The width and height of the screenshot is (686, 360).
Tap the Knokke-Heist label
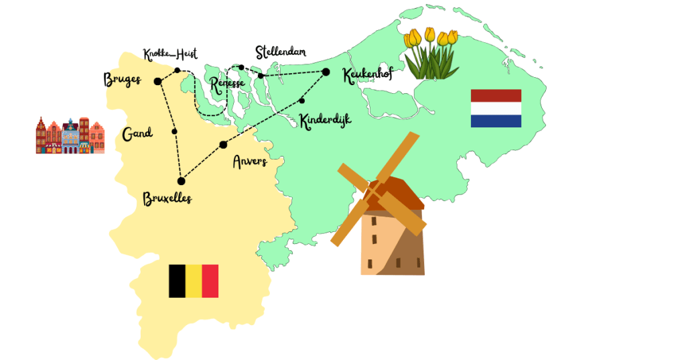pyautogui.click(x=170, y=54)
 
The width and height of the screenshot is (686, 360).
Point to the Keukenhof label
pyautogui.click(x=366, y=76)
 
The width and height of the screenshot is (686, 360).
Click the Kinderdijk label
pyautogui.click(x=325, y=121)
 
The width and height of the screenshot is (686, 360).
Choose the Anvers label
pyautogui.click(x=249, y=162)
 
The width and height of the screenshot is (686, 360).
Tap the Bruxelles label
pyautogui.click(x=167, y=198)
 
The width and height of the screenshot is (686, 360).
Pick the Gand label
pyautogui.click(x=137, y=134)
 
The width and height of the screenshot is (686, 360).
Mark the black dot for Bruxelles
pyautogui.click(x=181, y=181)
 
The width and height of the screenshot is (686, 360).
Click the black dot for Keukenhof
pyautogui.click(x=326, y=72)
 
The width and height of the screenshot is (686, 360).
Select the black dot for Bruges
pyautogui.click(x=157, y=82)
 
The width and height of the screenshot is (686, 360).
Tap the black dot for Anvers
pyautogui.click(x=223, y=145)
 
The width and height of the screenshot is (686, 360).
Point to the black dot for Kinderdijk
pyautogui.click(x=302, y=101)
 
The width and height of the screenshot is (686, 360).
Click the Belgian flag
pyautogui.click(x=193, y=281)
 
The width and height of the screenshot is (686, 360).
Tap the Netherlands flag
pyautogui.click(x=496, y=108)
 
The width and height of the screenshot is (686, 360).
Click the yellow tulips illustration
pyautogui.click(x=431, y=54)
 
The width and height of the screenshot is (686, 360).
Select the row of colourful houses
pyautogui.click(x=70, y=136)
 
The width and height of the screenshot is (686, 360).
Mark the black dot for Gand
pyautogui.click(x=174, y=131)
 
